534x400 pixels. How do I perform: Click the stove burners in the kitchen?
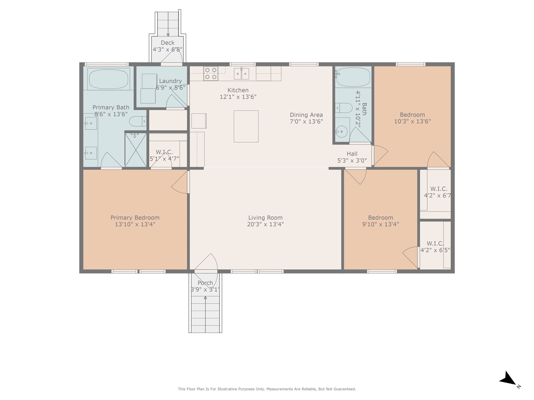(211, 73)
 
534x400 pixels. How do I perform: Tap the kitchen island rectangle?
(246, 126)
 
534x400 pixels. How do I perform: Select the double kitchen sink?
(241, 74)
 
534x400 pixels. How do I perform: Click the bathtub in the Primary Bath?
(108, 78)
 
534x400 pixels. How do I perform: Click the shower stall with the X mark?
(136, 150)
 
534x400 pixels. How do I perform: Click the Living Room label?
(265, 218)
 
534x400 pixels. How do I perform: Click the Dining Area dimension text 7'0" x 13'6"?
(306, 121)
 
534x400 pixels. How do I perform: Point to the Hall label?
(352, 154)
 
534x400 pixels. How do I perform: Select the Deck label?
(167, 43)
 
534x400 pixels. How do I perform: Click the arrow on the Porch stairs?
(205, 298)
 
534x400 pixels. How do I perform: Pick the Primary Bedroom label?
(135, 218)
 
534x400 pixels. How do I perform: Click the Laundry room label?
(170, 81)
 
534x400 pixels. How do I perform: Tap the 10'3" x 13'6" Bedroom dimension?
(412, 121)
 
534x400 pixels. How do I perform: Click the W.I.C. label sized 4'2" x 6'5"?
(435, 243)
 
